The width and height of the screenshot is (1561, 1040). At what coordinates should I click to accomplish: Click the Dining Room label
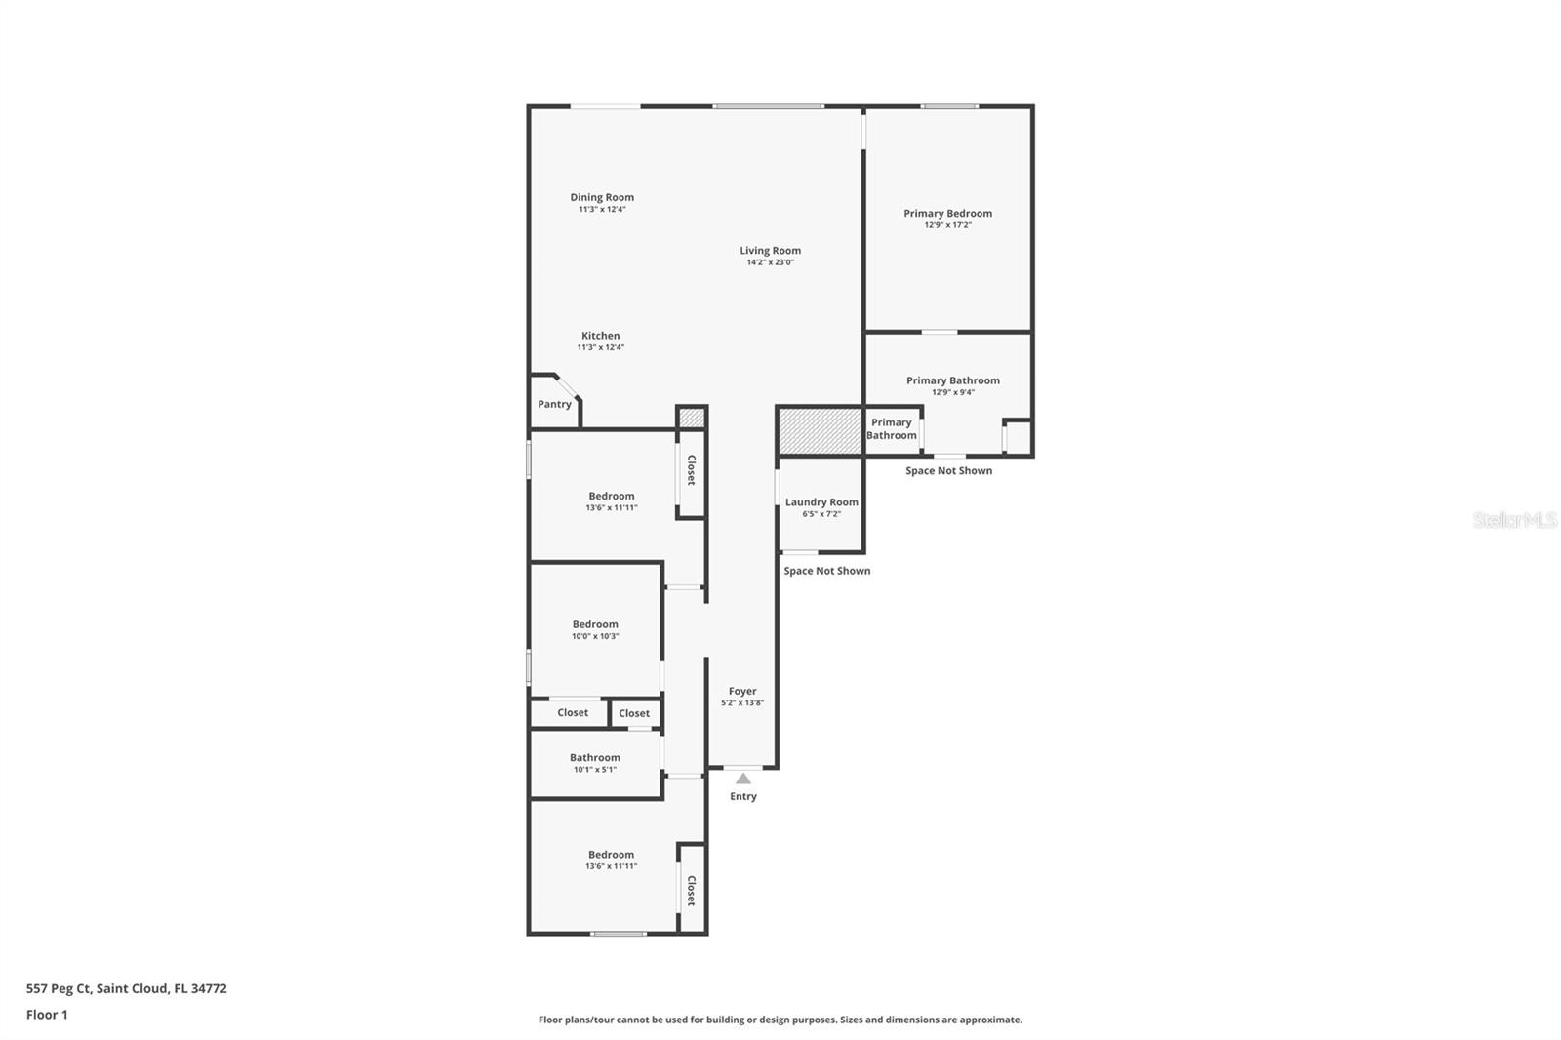pyautogui.click(x=602, y=197)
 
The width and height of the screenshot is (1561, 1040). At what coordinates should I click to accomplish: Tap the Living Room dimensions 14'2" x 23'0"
pyautogui.click(x=770, y=262)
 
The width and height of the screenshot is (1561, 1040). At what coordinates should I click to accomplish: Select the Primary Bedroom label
pyautogui.click(x=947, y=214)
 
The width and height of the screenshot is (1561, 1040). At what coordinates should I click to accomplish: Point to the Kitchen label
pyautogui.click(x=601, y=336)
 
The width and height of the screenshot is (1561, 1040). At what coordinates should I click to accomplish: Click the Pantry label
pyautogui.click(x=555, y=404)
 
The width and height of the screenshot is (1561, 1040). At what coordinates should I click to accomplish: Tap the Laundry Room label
pyautogui.click(x=821, y=501)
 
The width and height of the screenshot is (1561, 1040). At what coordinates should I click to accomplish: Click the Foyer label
pyautogui.click(x=742, y=691)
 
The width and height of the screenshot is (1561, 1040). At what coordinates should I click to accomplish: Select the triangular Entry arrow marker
pyautogui.click(x=743, y=779)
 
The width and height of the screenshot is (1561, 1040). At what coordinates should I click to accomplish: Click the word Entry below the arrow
pyautogui.click(x=742, y=796)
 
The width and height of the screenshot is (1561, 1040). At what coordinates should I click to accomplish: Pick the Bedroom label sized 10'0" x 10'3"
pyautogui.click(x=595, y=624)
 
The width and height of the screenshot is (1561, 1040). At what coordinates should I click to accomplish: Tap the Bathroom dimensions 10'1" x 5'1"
pyautogui.click(x=595, y=770)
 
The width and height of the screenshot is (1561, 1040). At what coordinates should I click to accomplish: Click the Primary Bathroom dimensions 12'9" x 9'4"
pyautogui.click(x=953, y=392)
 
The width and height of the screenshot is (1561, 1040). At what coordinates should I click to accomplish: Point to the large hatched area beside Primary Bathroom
pyautogui.click(x=820, y=431)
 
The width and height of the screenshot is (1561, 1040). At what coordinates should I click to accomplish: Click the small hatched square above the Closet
pyautogui.click(x=692, y=419)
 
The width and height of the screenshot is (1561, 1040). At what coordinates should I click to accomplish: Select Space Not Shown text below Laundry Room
pyautogui.click(x=827, y=571)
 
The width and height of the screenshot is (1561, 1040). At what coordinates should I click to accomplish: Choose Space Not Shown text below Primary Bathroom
pyautogui.click(x=949, y=471)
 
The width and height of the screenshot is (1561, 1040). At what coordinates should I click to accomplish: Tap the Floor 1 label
pyautogui.click(x=48, y=1015)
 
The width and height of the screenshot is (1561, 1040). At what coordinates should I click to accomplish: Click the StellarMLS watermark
pyautogui.click(x=1515, y=519)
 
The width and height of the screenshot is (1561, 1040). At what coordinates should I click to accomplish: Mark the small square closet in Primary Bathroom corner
pyautogui.click(x=1018, y=438)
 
